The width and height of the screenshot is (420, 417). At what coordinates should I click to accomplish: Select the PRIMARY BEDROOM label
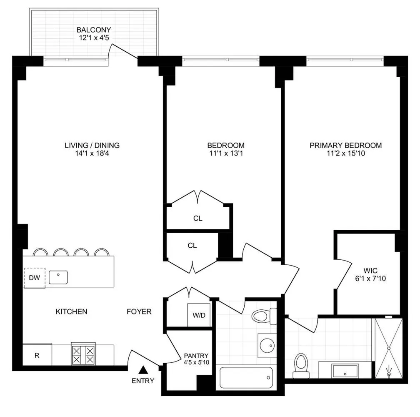[345, 146]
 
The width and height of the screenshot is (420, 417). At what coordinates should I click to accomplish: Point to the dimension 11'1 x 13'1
[226, 153]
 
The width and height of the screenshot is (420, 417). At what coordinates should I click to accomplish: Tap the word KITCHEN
[71, 311]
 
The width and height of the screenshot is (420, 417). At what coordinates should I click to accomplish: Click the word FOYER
[139, 311]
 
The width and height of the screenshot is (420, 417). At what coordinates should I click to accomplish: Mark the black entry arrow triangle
[143, 369]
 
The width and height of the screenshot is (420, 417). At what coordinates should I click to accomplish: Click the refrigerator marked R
[37, 355]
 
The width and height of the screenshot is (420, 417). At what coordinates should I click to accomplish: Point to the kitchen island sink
[58, 277]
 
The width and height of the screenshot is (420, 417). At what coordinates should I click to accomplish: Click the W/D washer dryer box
[199, 315]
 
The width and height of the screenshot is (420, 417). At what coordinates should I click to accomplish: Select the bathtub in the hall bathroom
[246, 378]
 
